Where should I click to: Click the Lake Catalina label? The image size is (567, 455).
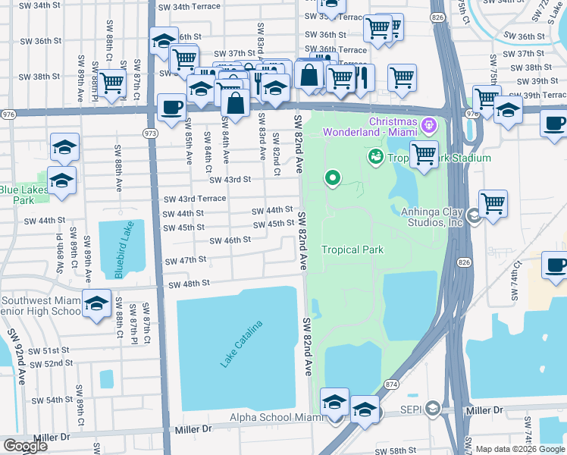pyautogui.click(x=242, y=345)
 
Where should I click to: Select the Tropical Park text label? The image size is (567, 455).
pyautogui.click(x=352, y=249)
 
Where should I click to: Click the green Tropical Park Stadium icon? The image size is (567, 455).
pyautogui.click(x=374, y=157)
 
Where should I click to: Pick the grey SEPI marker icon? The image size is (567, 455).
pyautogui.click(x=432, y=409)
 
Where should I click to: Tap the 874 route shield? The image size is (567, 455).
pyautogui.click(x=390, y=384)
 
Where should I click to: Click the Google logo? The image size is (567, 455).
pyautogui.click(x=25, y=446)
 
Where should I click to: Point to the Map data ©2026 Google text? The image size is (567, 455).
pyautogui.click(x=520, y=449)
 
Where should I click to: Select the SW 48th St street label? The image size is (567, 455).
pyautogui.click(x=189, y=284)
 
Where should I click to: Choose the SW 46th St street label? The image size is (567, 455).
pyautogui.click(x=230, y=240)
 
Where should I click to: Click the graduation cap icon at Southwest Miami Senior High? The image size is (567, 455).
pyautogui.click(x=96, y=305)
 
